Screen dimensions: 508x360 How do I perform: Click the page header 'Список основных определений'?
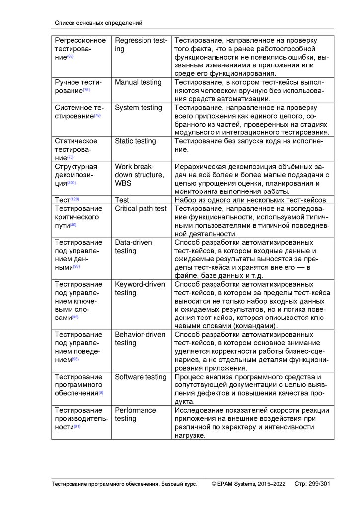pos(98,23)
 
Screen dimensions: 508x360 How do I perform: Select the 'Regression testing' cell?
pos(141,44)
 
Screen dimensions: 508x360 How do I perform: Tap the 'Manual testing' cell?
pos(138,82)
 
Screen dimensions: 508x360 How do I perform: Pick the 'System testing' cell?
pos(139,108)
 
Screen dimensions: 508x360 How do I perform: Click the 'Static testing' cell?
pos(136,141)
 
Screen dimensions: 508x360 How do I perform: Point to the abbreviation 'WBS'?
pos(124,184)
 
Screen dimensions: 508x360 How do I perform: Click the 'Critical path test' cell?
pos(141,209)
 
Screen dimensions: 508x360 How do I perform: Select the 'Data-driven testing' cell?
pos(134,247)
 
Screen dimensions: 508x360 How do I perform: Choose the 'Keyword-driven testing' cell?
pos(140,289)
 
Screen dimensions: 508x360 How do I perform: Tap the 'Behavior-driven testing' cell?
pos(140,339)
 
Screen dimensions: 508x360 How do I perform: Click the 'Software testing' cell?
pos(141,377)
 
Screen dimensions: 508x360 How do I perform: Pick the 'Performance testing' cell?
pos(135,414)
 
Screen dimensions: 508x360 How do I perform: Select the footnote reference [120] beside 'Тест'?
pos(75,199)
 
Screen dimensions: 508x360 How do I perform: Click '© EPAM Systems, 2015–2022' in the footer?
pos(248,484)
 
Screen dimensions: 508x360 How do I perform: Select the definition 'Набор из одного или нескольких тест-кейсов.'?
pos(250,200)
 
